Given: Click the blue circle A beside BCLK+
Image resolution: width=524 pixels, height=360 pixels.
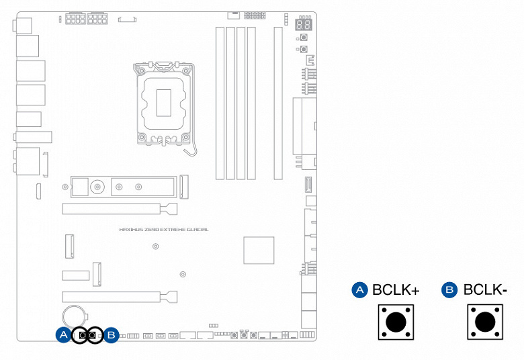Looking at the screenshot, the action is pos(359,289).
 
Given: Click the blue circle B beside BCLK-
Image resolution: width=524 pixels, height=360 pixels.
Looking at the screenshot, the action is pos(450,289).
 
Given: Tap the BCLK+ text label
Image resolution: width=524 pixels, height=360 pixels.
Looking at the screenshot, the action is pos(396,289).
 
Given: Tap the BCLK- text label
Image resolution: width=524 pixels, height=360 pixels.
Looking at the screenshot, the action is pos(485,289).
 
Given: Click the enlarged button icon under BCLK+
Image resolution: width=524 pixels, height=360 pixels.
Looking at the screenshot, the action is pos(396,322).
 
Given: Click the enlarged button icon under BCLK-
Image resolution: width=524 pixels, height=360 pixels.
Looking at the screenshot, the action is pos(485,322).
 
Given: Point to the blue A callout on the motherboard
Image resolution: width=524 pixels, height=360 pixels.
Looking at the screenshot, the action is pos(64,334).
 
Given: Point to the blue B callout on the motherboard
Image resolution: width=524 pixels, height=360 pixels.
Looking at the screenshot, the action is pos(112,334).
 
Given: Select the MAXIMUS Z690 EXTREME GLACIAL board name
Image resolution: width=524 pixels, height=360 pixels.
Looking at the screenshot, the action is pos(164,230).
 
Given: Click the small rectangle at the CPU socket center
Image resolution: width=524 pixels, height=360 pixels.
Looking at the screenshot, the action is pos(164,103).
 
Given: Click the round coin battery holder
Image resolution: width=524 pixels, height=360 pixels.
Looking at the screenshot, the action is pos(74,316).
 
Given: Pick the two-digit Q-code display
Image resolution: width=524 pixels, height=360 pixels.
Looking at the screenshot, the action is pos(304,24).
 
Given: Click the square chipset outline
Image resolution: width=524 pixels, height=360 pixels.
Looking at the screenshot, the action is pos(259,251).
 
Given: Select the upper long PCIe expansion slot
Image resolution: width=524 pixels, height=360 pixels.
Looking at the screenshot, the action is pos(120,210).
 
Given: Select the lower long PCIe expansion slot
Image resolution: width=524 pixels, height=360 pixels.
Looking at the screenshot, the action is pos(120,297).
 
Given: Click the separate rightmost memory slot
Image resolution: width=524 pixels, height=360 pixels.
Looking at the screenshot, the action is pos(278,103).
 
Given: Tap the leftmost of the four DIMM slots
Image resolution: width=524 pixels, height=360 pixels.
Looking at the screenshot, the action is pos(220,103).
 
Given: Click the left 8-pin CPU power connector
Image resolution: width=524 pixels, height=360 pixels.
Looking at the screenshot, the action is pos(75,18).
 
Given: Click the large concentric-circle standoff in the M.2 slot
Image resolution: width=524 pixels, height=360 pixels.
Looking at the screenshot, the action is pos(97,187).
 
